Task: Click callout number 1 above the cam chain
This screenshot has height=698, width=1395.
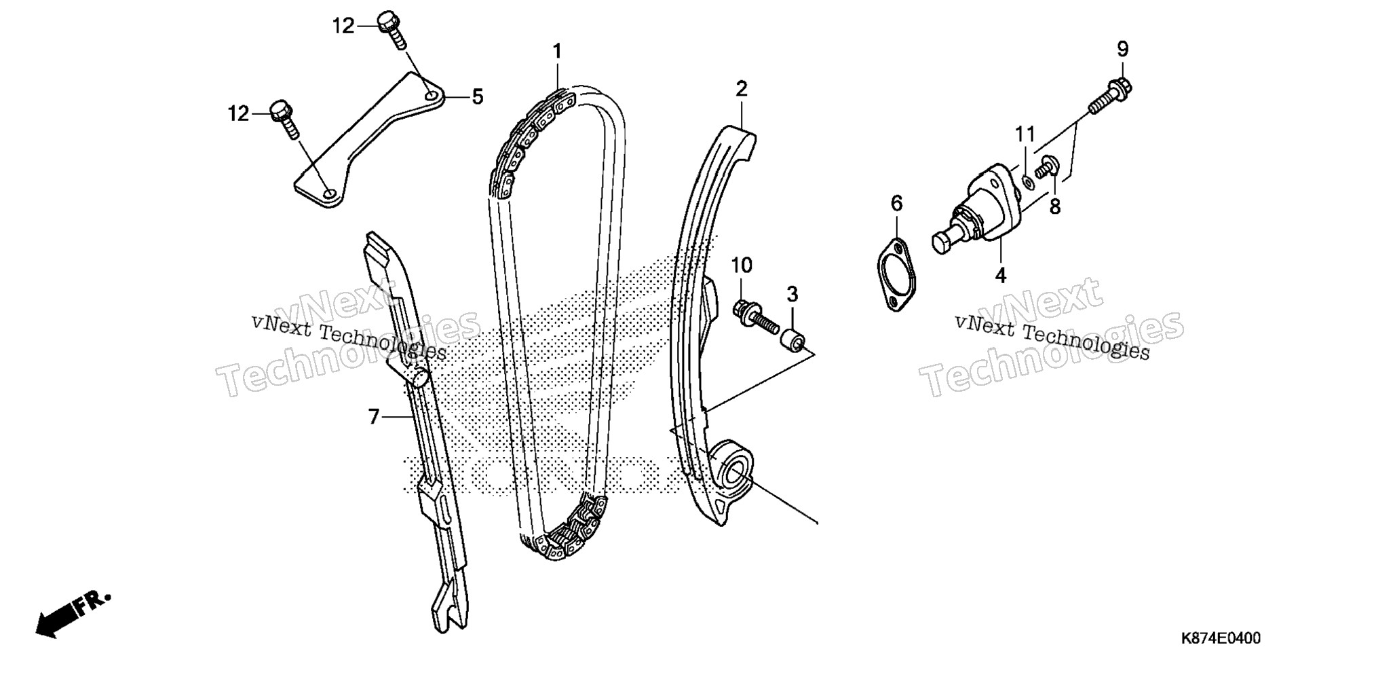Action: coord(557,52)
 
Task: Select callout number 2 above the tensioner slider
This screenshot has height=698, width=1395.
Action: coord(742,88)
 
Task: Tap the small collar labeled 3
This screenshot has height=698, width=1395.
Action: coord(793,337)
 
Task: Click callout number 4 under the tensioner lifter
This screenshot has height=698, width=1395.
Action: coord(1001,275)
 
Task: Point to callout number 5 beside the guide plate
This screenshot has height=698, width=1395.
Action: coord(478,97)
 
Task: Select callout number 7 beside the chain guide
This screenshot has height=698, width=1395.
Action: coord(374,416)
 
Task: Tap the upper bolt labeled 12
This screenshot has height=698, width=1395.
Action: coord(394,29)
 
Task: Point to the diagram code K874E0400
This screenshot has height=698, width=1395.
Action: coord(1221,638)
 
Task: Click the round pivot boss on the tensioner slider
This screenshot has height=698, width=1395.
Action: coord(735,471)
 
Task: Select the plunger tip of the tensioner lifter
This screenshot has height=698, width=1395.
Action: coord(942,242)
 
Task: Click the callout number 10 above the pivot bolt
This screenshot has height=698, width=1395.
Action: coord(742,265)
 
